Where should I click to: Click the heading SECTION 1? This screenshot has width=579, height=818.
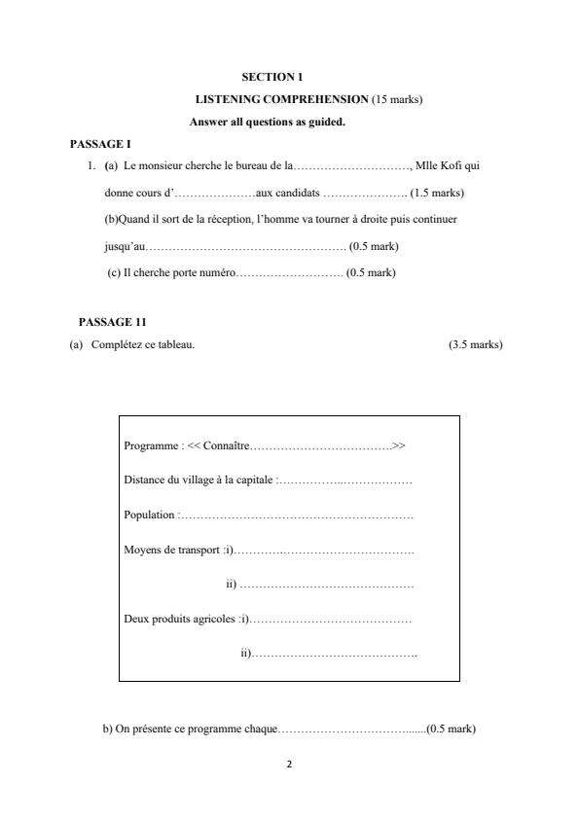pos(272,77)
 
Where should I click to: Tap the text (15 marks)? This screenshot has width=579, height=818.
pos(397,100)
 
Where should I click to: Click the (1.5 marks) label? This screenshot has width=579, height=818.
pos(438,193)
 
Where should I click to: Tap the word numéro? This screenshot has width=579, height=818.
pos(217,273)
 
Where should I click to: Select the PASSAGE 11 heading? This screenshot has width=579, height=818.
pos(113,322)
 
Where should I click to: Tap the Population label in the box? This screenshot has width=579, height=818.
pos(150,515)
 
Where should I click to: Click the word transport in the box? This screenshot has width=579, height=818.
pos(200,551)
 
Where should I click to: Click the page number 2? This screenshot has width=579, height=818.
pos(289,764)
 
